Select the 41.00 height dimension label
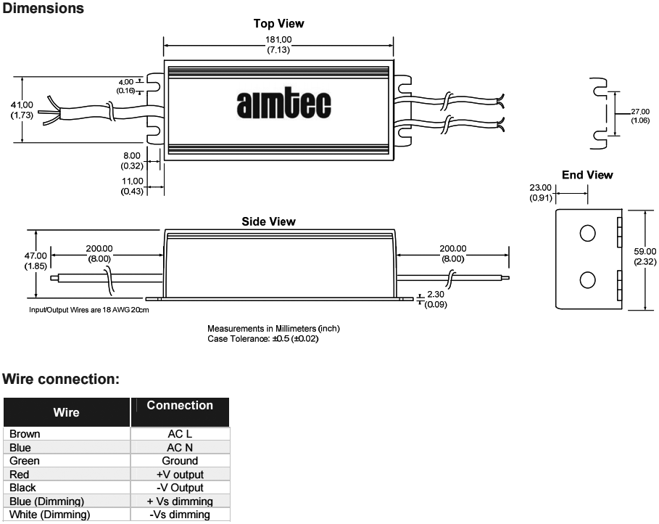pos(22,105)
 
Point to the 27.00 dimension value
pos(639,112)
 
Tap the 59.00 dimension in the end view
pos(645,251)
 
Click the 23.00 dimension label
pos(541,187)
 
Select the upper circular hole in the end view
pos(588,233)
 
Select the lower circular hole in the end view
pos(588,280)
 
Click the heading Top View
pos(278,23)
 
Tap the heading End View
pos(587,175)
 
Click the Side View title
pos(268,221)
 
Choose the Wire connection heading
pos(61,380)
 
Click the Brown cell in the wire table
pos(25,434)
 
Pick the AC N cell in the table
pos(180,448)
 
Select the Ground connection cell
pos(180,461)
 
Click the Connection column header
pos(180,406)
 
